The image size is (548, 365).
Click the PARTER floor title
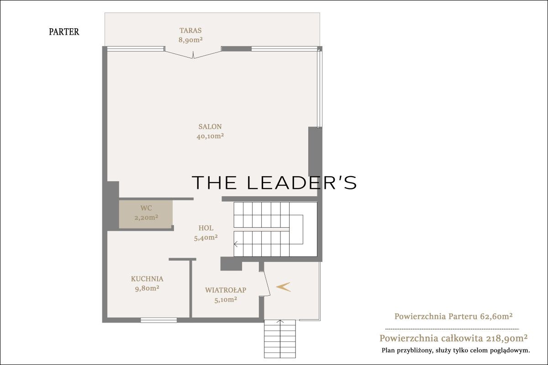click(64, 32)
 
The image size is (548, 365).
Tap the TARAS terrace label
click(190, 30)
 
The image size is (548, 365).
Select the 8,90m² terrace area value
click(190, 40)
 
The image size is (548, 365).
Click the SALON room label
click(210, 127)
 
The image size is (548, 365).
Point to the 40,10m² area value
click(210, 136)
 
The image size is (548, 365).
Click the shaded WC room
click(146, 214)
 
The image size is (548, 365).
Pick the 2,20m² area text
click(146, 217)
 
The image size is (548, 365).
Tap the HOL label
click(206, 228)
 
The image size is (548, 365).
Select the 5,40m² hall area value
click(206, 238)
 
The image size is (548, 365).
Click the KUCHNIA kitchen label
click(147, 279)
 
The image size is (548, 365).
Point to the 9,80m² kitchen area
click(147, 288)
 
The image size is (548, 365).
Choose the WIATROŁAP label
click(226, 290)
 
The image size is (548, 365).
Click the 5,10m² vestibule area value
click(226, 300)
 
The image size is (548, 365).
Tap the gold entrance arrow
click(283, 287)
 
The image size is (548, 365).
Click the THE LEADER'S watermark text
click(274, 182)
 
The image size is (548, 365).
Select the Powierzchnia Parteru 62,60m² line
click(453, 317)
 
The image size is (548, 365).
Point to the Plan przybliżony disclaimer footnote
click(456, 350)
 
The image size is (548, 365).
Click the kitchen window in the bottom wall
click(158, 320)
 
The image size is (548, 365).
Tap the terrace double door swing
click(193, 54)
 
